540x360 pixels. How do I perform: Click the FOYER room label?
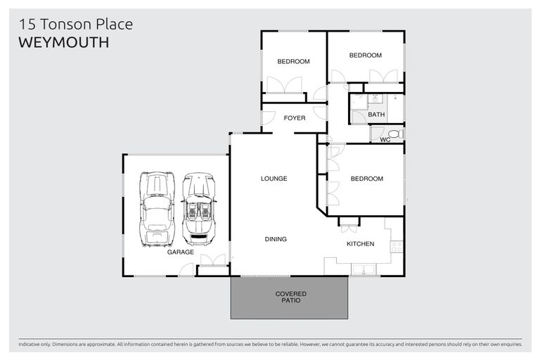[x=295, y=118]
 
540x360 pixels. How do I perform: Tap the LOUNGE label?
[x=274, y=179]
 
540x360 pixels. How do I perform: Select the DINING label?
[x=276, y=239]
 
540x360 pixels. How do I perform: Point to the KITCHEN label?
[x=360, y=244]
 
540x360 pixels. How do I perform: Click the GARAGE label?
[x=180, y=252]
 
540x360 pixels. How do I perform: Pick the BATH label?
[x=376, y=115]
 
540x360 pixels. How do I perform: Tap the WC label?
[x=385, y=140]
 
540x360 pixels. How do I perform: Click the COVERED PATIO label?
[x=290, y=297]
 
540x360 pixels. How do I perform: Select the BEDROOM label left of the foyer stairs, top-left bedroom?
[x=293, y=62]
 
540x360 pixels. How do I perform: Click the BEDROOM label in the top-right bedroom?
[x=366, y=56]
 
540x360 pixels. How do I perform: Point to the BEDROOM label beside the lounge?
[x=366, y=179]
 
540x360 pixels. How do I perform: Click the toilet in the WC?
[x=394, y=134]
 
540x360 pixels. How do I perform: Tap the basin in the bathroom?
[x=375, y=99]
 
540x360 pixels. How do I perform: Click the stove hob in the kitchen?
[x=397, y=246]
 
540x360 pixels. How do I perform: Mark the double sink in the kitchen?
[x=365, y=269]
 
